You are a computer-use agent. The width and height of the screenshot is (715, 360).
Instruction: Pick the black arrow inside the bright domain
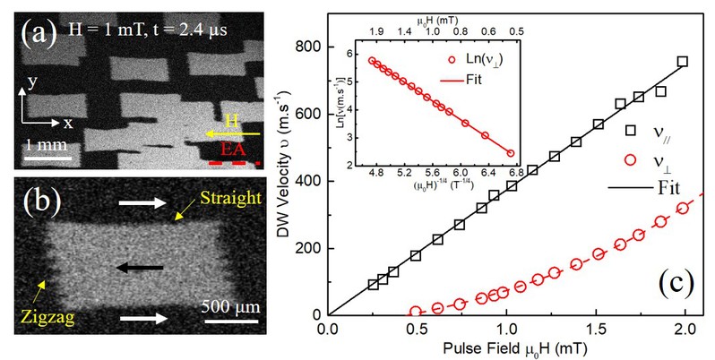pos(141,267)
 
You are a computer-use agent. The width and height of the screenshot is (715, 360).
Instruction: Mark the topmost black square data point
pos(683,61)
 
